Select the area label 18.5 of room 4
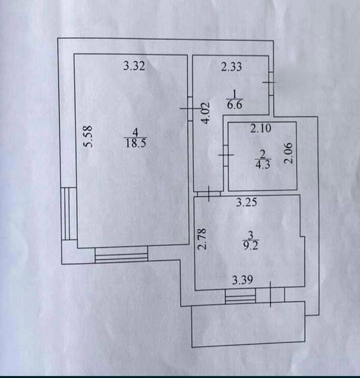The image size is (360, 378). click(136, 144)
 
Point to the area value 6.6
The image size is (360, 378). click(235, 105)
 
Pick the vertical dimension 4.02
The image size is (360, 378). click(205, 112)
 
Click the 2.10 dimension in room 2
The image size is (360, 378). click(261, 128)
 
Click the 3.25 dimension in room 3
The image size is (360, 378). click(246, 202)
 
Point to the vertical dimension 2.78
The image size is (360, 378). click(203, 239)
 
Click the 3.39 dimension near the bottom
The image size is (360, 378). click(242, 280)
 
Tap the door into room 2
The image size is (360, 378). click(226, 155)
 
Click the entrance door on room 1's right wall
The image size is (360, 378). click(271, 83)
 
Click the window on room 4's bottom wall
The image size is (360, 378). click(121, 255)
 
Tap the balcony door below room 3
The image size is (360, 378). click(270, 295)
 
